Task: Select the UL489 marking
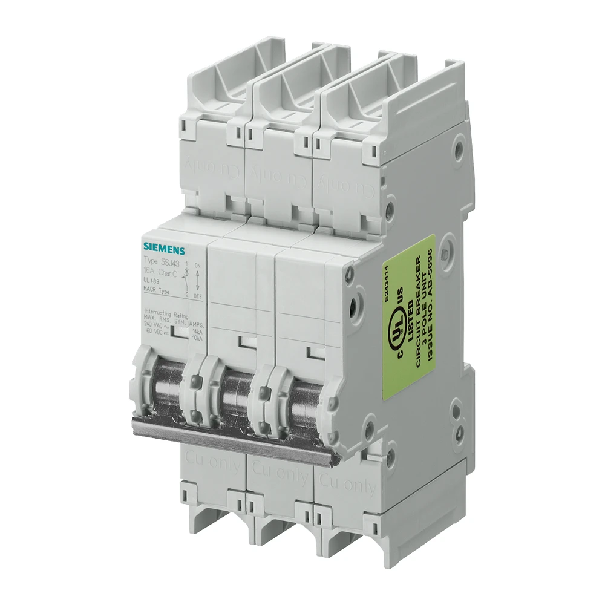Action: click(151, 283)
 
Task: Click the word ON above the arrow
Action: click(197, 266)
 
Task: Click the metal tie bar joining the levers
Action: click(236, 439)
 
